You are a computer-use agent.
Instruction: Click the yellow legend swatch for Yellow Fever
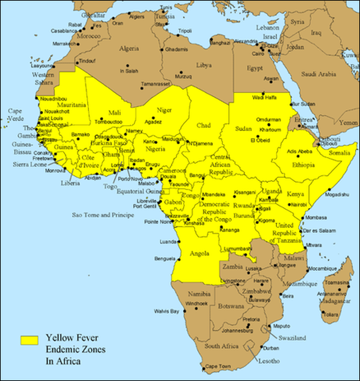click(x=29, y=340)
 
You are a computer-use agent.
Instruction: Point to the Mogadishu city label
click(x=335, y=194)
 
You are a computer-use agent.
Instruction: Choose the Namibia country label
click(x=197, y=294)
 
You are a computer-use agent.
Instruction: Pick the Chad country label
click(x=203, y=125)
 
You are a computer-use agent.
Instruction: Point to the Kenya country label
click(x=294, y=194)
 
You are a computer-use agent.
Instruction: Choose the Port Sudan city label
click(x=302, y=103)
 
